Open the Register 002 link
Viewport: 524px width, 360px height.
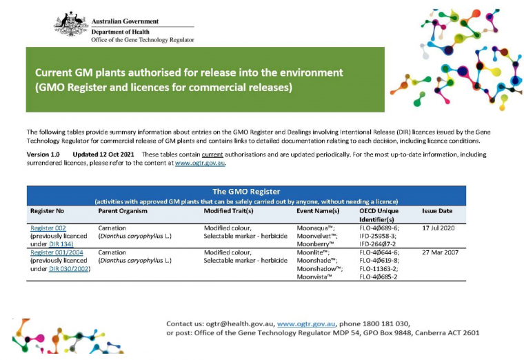point(47,228)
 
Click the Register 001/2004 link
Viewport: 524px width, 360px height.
point(57,252)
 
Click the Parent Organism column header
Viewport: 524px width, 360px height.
point(123,210)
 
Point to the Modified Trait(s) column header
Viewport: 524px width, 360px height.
point(232,210)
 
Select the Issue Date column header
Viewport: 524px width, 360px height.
point(438,210)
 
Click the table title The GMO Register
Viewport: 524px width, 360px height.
point(245,191)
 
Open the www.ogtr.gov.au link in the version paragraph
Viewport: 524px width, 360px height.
point(201,163)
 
